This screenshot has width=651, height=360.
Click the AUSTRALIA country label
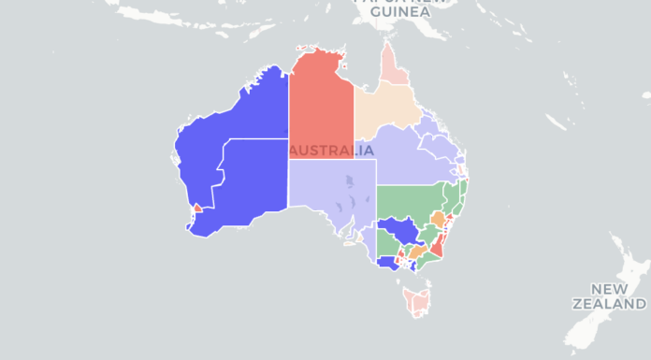tap(332, 151)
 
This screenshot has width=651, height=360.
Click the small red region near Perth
tap(196, 208)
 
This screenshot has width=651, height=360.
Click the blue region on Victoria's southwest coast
tap(385, 265)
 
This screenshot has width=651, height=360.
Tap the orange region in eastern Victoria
tap(416, 252)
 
